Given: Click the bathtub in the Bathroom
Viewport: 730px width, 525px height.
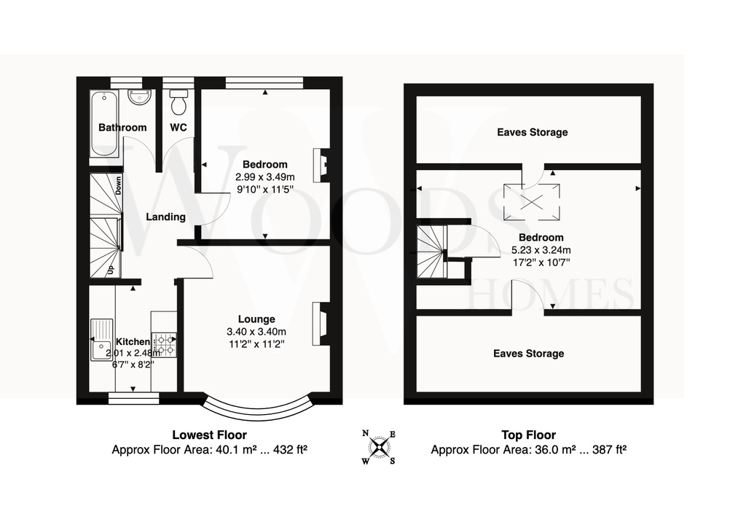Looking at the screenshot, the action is [103, 125].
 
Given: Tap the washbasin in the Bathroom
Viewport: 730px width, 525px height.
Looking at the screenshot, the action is [139, 98].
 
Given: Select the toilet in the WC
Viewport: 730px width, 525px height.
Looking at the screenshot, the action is [178, 102].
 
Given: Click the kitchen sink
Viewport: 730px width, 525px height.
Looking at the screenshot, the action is [102, 340].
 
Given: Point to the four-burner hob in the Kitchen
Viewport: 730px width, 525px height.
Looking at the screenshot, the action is [165, 345].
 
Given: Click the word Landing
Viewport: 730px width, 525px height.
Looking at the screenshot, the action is [165, 217].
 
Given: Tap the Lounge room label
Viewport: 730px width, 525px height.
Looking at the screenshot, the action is [256, 319].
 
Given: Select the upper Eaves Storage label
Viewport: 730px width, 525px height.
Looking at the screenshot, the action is [532, 132].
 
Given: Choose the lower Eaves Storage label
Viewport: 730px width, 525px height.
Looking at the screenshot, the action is [528, 354].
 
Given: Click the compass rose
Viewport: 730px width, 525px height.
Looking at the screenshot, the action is [380, 448].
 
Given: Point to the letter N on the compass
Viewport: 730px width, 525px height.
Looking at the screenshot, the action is [366, 434].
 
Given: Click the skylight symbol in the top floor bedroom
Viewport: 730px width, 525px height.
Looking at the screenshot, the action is [532, 202].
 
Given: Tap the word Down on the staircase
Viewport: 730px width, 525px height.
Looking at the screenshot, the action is [118, 185].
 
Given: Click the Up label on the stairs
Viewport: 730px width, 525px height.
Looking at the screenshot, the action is [111, 270].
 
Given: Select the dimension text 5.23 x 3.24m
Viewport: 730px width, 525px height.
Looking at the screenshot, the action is [541, 250].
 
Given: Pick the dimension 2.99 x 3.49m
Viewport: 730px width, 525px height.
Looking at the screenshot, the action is [265, 177].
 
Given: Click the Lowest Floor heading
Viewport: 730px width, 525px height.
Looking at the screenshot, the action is [210, 435].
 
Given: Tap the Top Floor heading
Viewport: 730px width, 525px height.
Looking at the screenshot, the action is [528, 435].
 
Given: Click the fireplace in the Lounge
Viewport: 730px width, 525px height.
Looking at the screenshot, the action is [321, 324].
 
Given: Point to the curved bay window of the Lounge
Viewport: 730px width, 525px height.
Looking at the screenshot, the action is [257, 411].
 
